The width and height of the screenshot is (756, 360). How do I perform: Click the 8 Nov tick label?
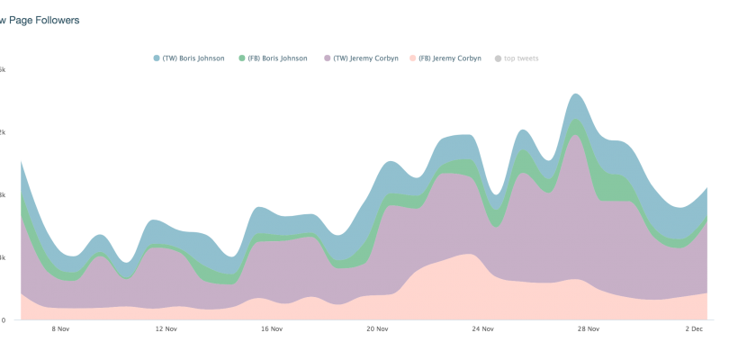pyautogui.click(x=60, y=328)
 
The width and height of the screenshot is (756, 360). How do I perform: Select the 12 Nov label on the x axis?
pyautogui.click(x=165, y=328)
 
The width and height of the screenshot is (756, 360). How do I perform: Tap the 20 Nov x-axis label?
pyautogui.click(x=377, y=328)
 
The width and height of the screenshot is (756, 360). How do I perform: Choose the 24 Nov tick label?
pyautogui.click(x=482, y=328)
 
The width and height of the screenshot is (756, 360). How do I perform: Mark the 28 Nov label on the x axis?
pyautogui.click(x=588, y=328)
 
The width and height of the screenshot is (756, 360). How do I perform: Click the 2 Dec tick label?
pyautogui.click(x=694, y=328)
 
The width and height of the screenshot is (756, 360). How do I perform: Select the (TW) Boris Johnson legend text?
pyautogui.click(x=193, y=58)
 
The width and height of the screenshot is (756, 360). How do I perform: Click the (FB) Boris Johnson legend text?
pyautogui.click(x=277, y=58)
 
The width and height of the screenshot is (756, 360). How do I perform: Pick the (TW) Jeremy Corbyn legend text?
pyautogui.click(x=365, y=58)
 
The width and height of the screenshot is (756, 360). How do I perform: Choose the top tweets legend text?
pyautogui.click(x=522, y=58)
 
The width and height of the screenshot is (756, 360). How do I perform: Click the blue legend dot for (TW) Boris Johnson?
pyautogui.click(x=157, y=58)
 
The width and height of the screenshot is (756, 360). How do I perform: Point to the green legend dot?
pyautogui.click(x=241, y=58)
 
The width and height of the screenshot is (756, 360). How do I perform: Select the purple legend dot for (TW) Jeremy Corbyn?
pyautogui.click(x=327, y=58)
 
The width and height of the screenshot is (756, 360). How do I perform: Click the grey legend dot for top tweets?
pyautogui.click(x=498, y=58)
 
